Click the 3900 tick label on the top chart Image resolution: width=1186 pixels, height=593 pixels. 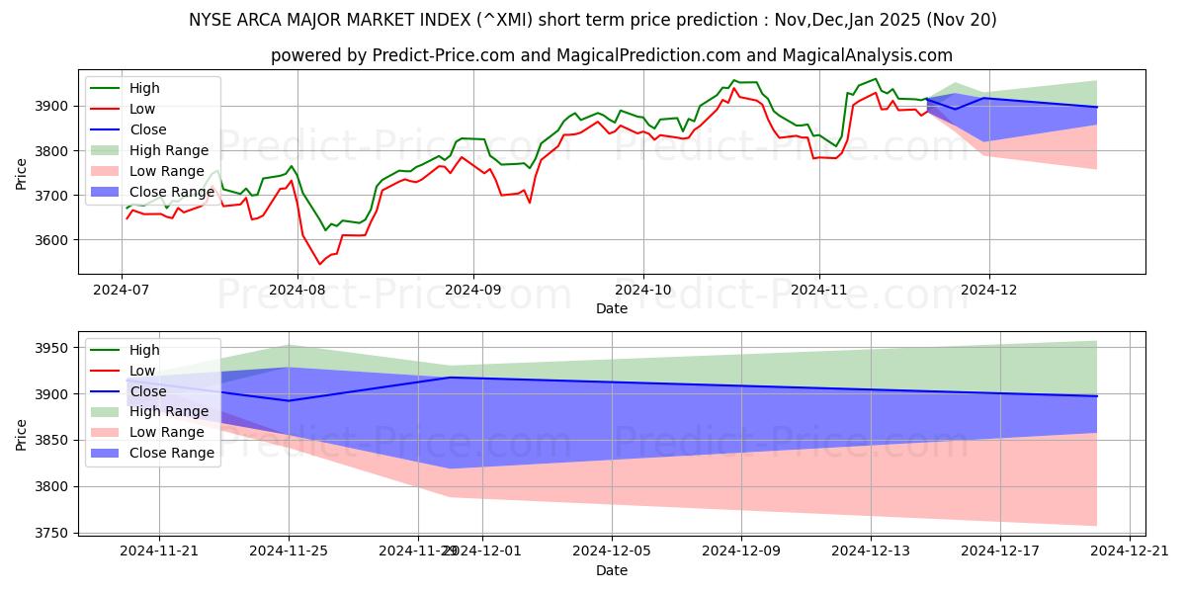point(53,106)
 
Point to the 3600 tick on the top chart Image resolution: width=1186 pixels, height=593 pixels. point(53,240)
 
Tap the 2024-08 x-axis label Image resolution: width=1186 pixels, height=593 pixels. point(297,289)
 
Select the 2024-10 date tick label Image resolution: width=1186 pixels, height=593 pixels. point(643,289)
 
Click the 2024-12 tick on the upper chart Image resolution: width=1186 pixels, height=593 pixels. point(989,289)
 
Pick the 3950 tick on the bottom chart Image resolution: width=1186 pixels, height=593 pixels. point(53,348)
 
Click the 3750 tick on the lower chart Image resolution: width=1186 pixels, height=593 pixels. point(53,533)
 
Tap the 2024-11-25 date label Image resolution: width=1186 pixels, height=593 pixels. point(289,550)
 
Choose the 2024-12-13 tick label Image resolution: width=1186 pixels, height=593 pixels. point(871,550)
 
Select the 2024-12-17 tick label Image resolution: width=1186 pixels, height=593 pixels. point(1000,550)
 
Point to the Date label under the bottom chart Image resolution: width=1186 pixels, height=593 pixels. point(612,570)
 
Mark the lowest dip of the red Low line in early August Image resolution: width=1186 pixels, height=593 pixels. point(319,264)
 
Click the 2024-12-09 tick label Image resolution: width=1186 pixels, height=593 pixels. point(741,550)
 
